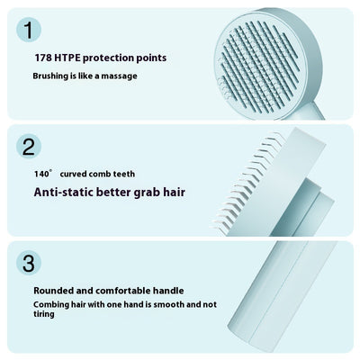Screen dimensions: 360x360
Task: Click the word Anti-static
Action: click(x=64, y=190)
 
